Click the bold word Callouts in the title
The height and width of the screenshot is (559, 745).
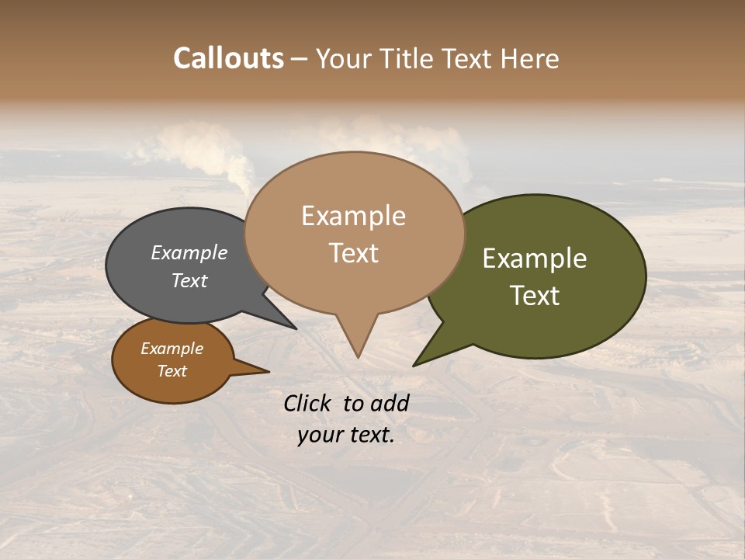(228, 58)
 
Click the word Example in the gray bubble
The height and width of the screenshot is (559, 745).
(189, 252)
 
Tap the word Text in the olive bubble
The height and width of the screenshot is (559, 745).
(535, 295)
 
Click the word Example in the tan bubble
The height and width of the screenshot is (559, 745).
(353, 216)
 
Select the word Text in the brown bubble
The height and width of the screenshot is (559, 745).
(172, 371)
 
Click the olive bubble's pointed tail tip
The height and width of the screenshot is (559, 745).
(415, 364)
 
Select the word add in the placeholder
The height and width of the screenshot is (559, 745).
(389, 403)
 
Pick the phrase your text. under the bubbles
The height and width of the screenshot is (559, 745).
(346, 435)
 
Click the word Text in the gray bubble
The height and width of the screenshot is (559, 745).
(189, 280)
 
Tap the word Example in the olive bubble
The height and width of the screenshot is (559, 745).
(535, 259)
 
